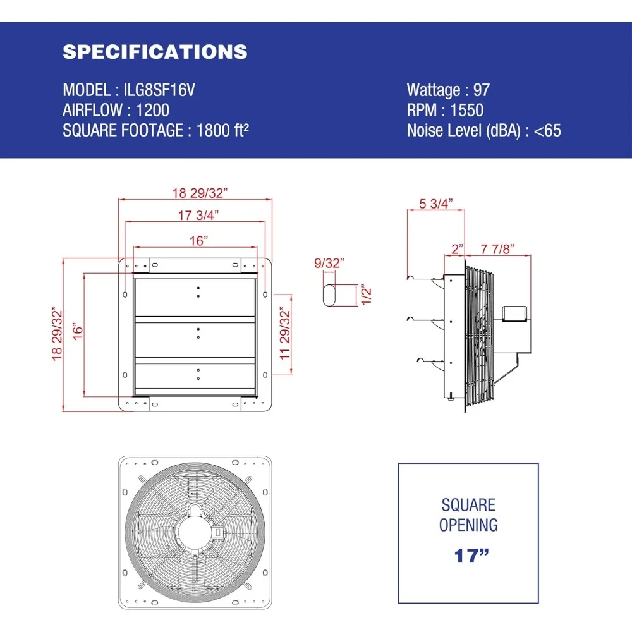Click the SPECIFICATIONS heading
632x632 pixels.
(155, 52)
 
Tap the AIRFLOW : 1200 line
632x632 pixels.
(116, 110)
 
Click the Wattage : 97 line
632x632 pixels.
(448, 90)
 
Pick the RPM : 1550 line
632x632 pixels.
(445, 110)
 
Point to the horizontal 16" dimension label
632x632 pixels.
(197, 240)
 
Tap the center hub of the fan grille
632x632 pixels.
(195, 531)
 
